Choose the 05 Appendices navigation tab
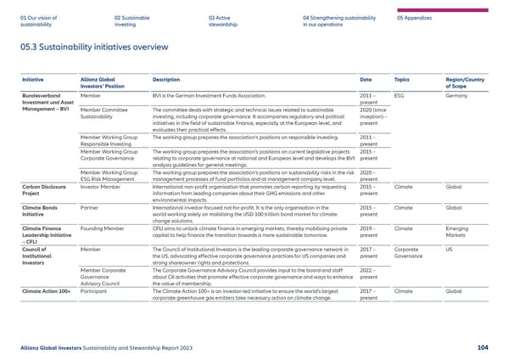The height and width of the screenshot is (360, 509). (x=416, y=16)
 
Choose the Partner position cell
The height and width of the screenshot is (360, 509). (x=90, y=206)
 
